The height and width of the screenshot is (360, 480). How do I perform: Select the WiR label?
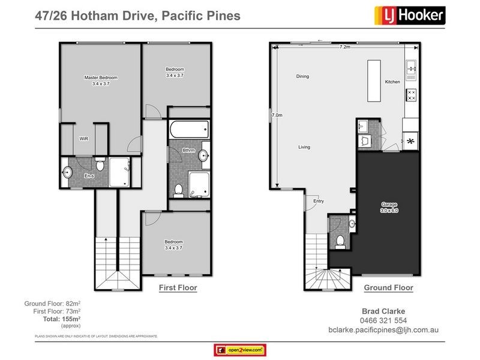pyautogui.click(x=84, y=138)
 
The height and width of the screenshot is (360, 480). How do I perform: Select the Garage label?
pyautogui.click(x=389, y=205)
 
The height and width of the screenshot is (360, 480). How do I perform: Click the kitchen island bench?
pyautogui.click(x=376, y=81)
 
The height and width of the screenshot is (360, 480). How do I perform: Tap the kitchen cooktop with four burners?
pyautogui.click(x=412, y=94)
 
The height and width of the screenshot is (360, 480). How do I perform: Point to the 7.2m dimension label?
pyautogui.click(x=344, y=47)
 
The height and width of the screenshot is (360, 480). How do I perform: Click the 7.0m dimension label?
pyautogui.click(x=277, y=115)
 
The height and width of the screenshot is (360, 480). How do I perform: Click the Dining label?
pyautogui.click(x=302, y=77)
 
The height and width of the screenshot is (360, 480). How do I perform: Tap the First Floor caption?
pyautogui.click(x=178, y=288)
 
